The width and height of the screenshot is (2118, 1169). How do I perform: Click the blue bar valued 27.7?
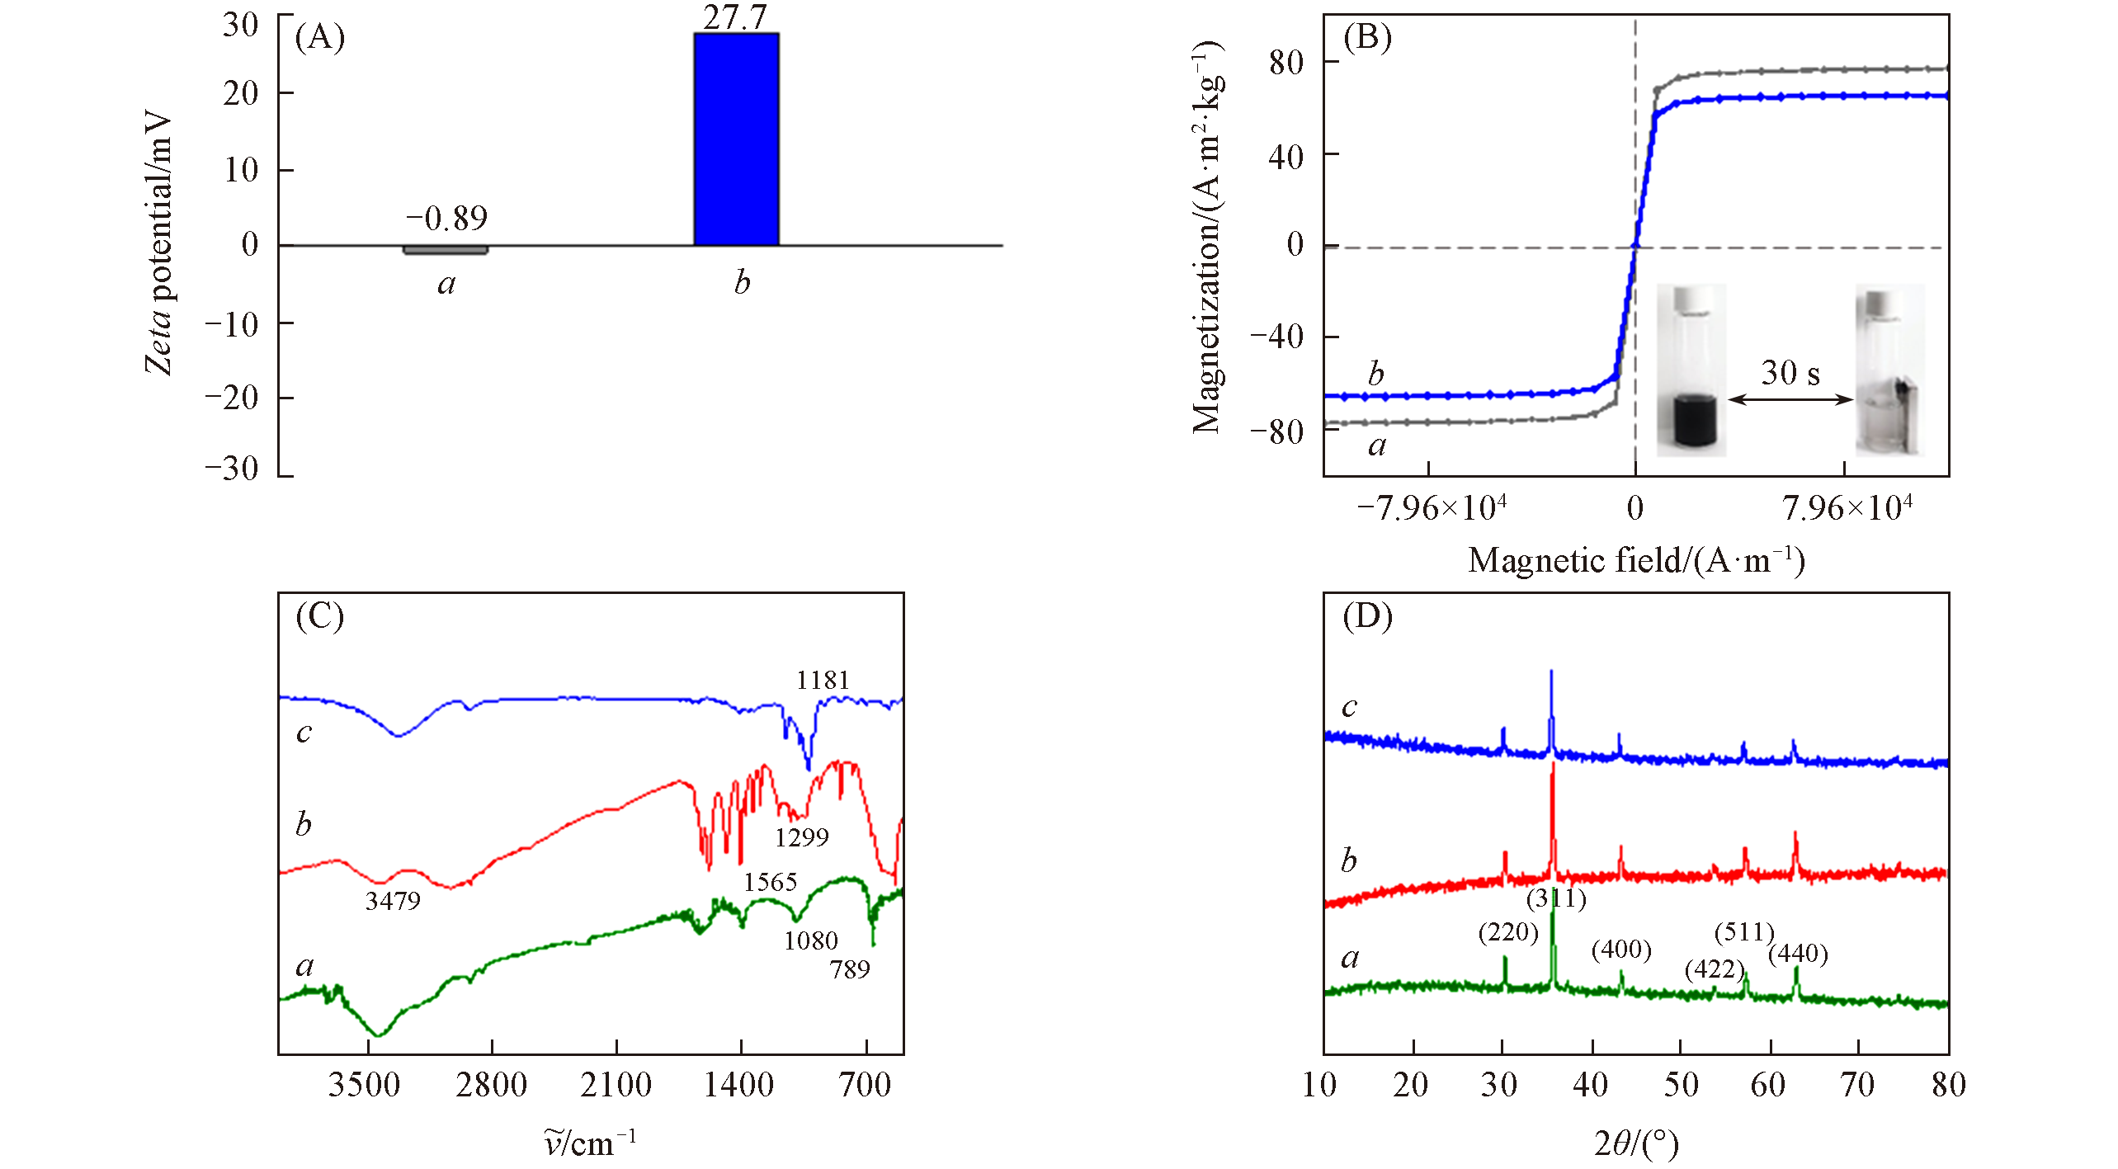point(736,139)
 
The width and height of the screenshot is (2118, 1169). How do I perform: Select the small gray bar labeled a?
point(446,250)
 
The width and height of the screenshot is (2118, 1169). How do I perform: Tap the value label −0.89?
point(446,219)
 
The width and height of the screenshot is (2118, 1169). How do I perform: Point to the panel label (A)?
point(320,38)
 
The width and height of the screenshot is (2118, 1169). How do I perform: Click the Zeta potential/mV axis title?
point(158,243)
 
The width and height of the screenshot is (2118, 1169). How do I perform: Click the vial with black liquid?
point(1691,371)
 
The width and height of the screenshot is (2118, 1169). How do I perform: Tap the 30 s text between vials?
point(1790,373)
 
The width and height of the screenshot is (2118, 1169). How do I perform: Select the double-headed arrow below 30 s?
point(1790,400)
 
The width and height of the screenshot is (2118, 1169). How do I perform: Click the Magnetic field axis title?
point(1636,561)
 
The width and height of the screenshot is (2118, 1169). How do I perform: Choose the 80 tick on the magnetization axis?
point(1286,63)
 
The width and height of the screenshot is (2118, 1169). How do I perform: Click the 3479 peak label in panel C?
point(393,901)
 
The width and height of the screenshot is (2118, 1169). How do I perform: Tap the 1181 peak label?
point(823,681)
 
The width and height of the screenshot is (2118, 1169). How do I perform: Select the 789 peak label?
point(850,969)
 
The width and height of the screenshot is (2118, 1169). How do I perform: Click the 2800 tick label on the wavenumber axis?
point(491,1084)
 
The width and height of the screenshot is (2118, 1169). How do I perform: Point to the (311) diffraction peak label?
point(1556,898)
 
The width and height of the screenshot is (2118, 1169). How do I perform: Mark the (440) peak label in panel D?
point(1798,955)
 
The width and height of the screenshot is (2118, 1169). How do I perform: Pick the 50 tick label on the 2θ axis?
point(1681,1084)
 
